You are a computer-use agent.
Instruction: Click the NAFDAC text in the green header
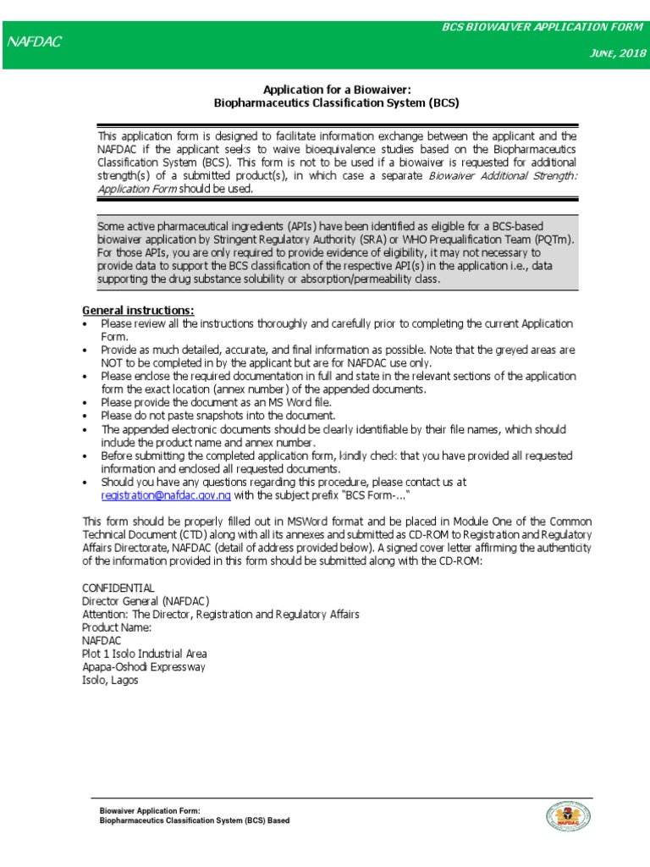point(35,41)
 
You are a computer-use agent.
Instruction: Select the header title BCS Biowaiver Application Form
point(543,28)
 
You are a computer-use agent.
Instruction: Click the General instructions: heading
point(138,310)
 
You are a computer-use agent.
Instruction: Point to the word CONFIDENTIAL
point(118,587)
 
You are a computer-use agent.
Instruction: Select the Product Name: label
point(117,627)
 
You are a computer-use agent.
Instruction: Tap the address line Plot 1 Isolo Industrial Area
point(144,654)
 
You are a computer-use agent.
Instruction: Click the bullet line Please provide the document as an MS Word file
point(211,402)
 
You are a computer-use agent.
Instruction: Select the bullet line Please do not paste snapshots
point(218,416)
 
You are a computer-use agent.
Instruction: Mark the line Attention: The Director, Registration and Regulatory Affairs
point(220,614)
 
